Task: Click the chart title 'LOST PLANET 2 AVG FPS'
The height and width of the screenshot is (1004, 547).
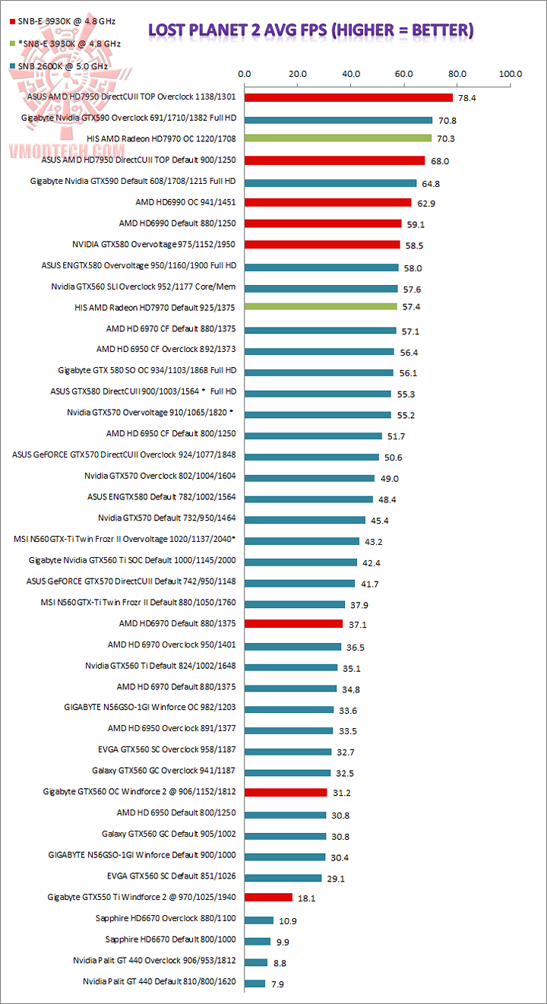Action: [311, 30]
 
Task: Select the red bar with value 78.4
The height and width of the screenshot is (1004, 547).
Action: [348, 98]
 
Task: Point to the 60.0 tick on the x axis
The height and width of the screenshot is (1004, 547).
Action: [404, 74]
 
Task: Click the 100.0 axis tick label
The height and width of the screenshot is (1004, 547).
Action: [511, 74]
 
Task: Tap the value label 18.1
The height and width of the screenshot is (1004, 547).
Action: [307, 898]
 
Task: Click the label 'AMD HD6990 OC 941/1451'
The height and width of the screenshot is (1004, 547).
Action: [185, 202]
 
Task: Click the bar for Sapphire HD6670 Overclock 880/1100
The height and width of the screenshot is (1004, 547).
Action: [258, 920]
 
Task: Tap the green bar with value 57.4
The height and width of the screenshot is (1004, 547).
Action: [321, 307]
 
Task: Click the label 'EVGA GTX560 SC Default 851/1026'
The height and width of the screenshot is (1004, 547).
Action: [174, 876]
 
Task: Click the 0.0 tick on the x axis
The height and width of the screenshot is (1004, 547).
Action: [245, 74]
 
